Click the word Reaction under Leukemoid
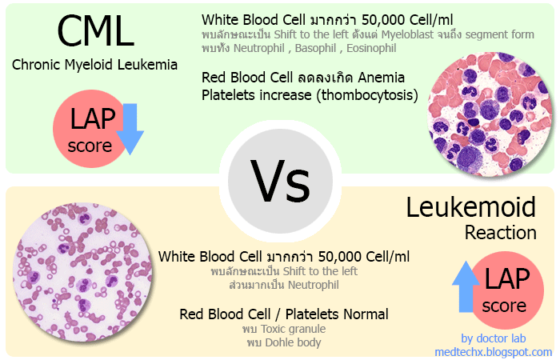pos(501,233)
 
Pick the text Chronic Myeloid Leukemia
pos(95,64)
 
